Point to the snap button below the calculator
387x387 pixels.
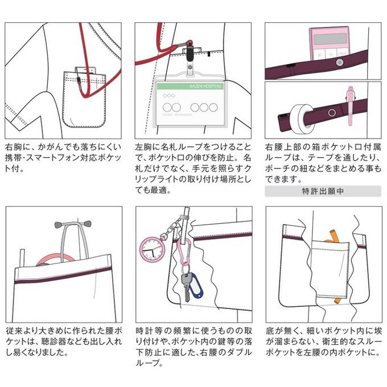click(x=340, y=63)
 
